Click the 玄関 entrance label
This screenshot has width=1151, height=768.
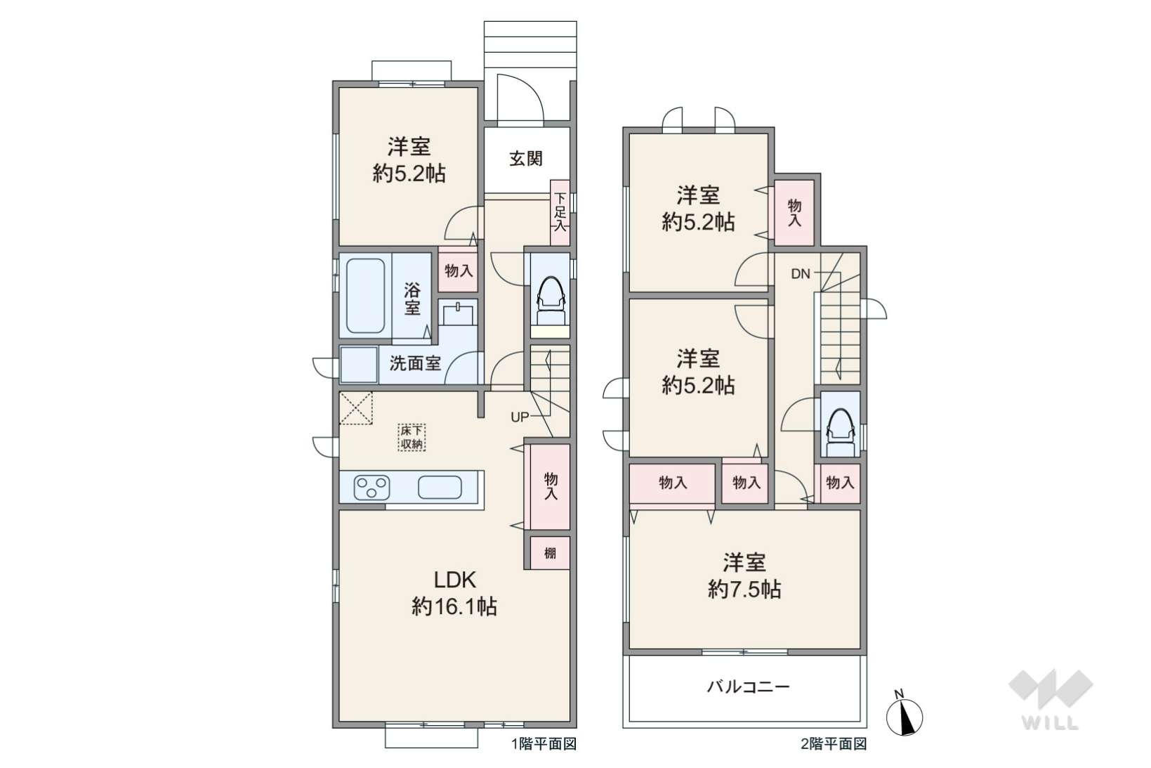pos(526,158)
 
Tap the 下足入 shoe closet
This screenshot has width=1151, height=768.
pos(560,212)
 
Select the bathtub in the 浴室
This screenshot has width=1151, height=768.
pos(365,295)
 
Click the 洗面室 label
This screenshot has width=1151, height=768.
pos(414,363)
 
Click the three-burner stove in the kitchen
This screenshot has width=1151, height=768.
pos(372,487)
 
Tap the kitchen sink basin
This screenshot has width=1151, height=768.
pos(440,487)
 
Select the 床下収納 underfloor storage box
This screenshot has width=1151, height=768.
pos(412,438)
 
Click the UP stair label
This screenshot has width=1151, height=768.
pos(520,417)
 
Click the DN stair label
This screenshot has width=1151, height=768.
pos(801,274)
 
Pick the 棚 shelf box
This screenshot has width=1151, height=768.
pos(550,552)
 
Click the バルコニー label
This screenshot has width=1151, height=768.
pos(748,686)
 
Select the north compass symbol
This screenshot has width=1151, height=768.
pos(904,715)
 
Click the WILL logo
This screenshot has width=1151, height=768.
pos(1051,699)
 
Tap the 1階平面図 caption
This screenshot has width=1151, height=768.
pos(544,744)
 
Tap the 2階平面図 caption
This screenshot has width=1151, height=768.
pos(834,744)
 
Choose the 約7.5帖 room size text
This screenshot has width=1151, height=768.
pos(744,590)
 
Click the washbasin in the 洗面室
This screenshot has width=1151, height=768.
pos(458,313)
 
